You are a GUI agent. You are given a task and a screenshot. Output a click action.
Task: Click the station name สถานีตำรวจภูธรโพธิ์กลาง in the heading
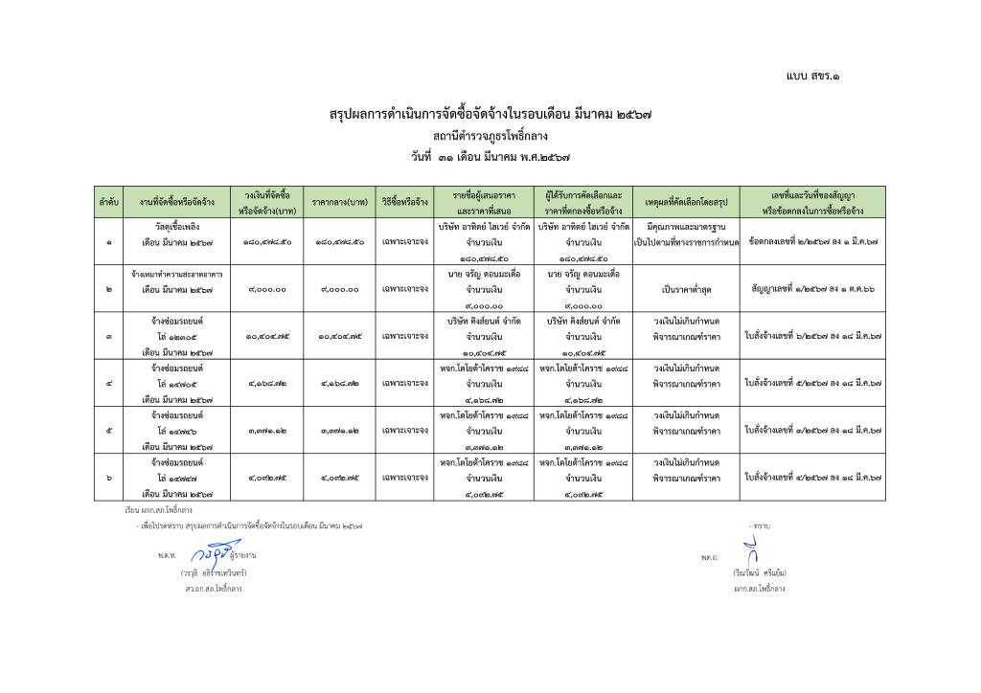[490, 135]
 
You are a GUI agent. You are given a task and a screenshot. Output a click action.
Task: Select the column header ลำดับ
[108, 203]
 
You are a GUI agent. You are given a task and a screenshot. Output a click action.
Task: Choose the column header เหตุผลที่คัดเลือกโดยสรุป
[681, 203]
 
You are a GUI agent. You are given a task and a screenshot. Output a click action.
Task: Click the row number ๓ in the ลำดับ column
[108, 336]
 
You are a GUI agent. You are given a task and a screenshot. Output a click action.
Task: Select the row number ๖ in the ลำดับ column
[108, 477]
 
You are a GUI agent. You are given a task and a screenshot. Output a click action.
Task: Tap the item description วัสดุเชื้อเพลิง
[176, 227]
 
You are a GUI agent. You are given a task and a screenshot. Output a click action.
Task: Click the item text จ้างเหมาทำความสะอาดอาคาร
[176, 274]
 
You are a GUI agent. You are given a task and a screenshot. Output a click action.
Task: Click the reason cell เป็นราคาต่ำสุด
[681, 289]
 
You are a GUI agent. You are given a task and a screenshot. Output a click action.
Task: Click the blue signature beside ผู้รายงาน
[212, 553]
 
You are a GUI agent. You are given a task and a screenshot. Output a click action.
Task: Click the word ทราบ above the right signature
[763, 525]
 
